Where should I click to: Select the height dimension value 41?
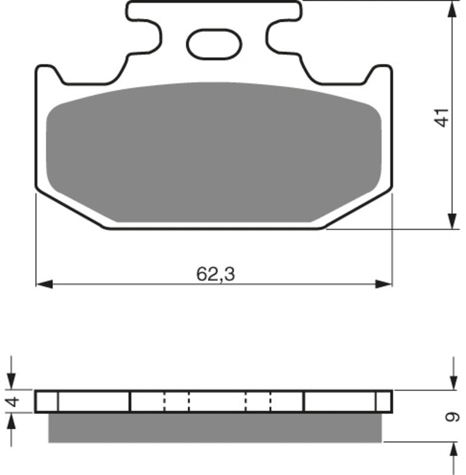coord(440,117)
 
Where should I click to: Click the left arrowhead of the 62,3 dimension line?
coord(42,284)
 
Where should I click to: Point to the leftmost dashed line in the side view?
coord(165,401)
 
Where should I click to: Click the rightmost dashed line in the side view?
coord(270,401)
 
